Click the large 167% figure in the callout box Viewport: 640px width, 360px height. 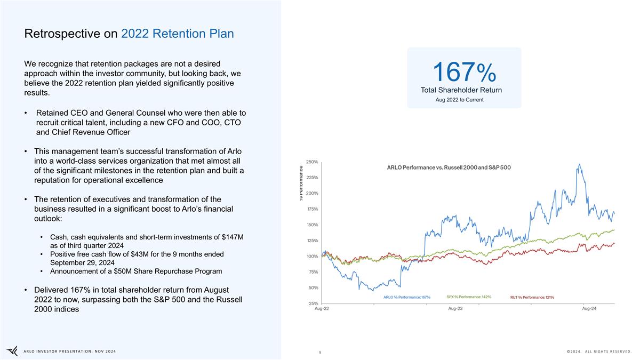[x=464, y=72]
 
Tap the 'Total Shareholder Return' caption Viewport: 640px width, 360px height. [x=461, y=90]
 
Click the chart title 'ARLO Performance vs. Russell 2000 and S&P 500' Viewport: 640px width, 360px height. [x=449, y=167]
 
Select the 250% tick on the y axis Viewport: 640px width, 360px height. [x=311, y=162]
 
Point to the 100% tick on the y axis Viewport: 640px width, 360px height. [x=311, y=257]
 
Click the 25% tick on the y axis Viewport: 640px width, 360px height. [x=313, y=303]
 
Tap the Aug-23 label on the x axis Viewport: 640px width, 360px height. [x=455, y=309]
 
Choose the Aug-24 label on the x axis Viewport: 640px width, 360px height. [x=589, y=309]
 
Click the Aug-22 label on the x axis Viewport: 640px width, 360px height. [x=322, y=309]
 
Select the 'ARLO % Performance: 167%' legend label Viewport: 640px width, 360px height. [x=407, y=297]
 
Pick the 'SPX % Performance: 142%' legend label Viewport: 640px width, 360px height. [x=468, y=297]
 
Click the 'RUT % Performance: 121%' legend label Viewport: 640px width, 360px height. [x=532, y=297]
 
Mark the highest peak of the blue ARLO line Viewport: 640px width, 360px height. [x=579, y=164]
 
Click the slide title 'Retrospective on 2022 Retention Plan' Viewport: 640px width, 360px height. [x=129, y=34]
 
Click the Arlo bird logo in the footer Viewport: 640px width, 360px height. [x=12, y=350]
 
